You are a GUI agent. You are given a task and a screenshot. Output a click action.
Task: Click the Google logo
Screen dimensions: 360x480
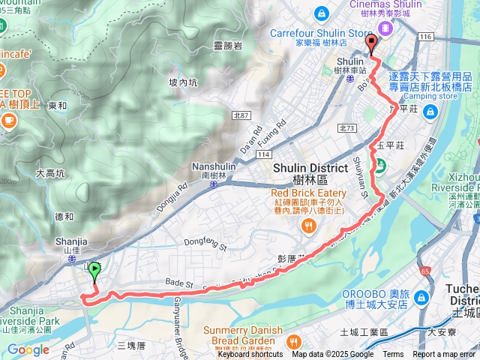click(28, 349)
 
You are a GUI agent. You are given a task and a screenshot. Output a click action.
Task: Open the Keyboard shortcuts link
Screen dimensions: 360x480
click(250, 355)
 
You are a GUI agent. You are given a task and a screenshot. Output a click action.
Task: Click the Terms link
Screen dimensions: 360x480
click(393, 355)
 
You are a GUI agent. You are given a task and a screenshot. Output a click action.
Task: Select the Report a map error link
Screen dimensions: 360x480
click(444, 355)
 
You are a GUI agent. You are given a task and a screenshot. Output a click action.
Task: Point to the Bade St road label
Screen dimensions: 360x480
click(179, 284)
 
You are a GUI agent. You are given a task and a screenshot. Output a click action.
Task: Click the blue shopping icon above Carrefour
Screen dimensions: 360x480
click(321, 13)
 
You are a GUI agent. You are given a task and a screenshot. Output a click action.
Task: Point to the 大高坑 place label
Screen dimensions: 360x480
click(50, 173)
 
